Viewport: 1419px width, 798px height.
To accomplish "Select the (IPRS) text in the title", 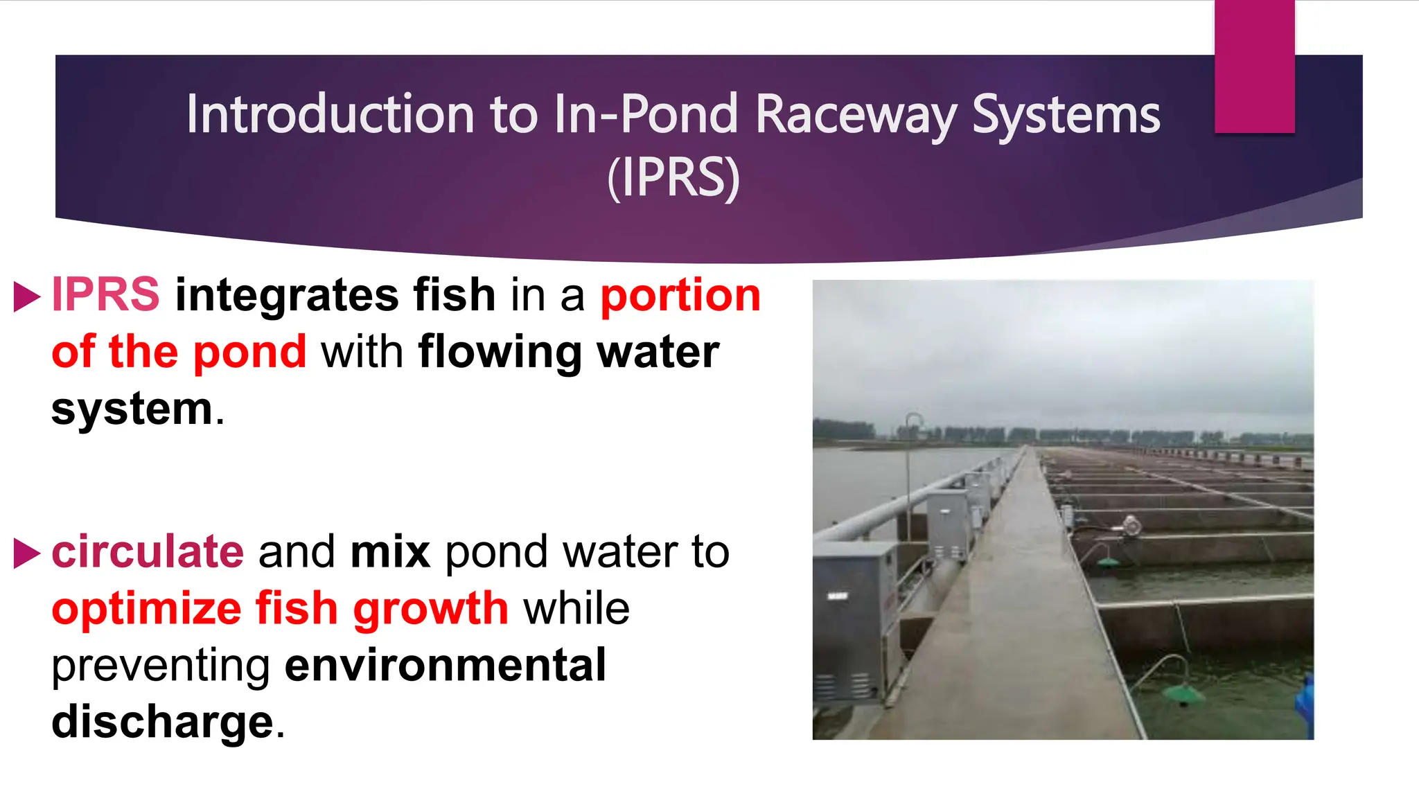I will (673, 178).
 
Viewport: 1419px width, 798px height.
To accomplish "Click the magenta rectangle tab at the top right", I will (1254, 66).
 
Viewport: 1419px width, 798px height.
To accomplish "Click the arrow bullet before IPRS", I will (26, 296).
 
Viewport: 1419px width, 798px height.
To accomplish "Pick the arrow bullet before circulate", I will (26, 553).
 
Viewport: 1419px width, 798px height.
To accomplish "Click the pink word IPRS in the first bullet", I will (105, 294).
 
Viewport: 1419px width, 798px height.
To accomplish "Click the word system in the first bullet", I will (132, 409).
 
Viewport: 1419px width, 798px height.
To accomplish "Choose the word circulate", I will (148, 552).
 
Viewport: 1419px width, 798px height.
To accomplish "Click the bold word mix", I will (390, 552).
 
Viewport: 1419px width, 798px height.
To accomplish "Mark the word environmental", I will (446, 665).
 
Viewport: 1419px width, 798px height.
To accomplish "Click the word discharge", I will (163, 722).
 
